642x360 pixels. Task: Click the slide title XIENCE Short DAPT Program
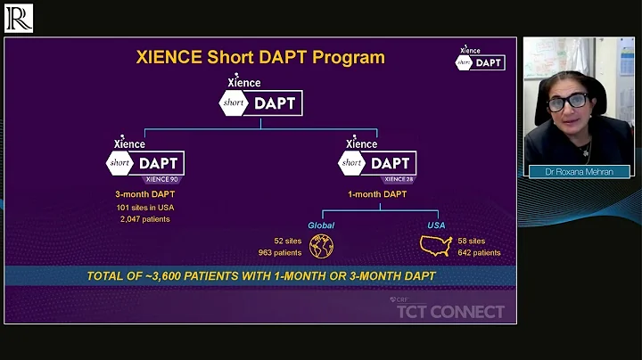pyautogui.click(x=260, y=58)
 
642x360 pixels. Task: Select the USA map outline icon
pyautogui.click(x=436, y=246)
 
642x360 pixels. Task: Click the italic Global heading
pyautogui.click(x=321, y=225)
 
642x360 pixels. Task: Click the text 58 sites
pyautogui.click(x=473, y=241)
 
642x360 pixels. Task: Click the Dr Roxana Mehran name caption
pyautogui.click(x=575, y=171)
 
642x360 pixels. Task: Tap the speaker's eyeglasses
pyautogui.click(x=567, y=102)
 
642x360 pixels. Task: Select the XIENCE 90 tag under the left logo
pyautogui.click(x=165, y=179)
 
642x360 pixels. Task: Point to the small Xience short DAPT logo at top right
pyautogui.click(x=481, y=60)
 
